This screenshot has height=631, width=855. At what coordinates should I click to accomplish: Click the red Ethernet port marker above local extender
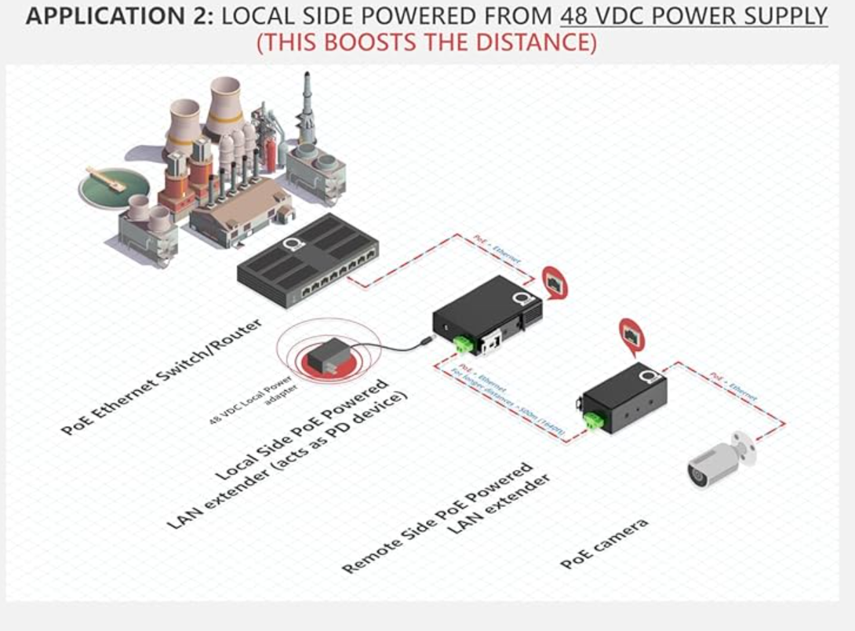555,282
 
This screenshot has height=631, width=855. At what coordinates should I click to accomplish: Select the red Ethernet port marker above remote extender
630,332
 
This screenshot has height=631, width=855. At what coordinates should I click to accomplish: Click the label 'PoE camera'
605,543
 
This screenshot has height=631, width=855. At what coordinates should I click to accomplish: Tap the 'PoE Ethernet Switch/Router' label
162,378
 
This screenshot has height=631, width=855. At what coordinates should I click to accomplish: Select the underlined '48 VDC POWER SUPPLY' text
693,16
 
